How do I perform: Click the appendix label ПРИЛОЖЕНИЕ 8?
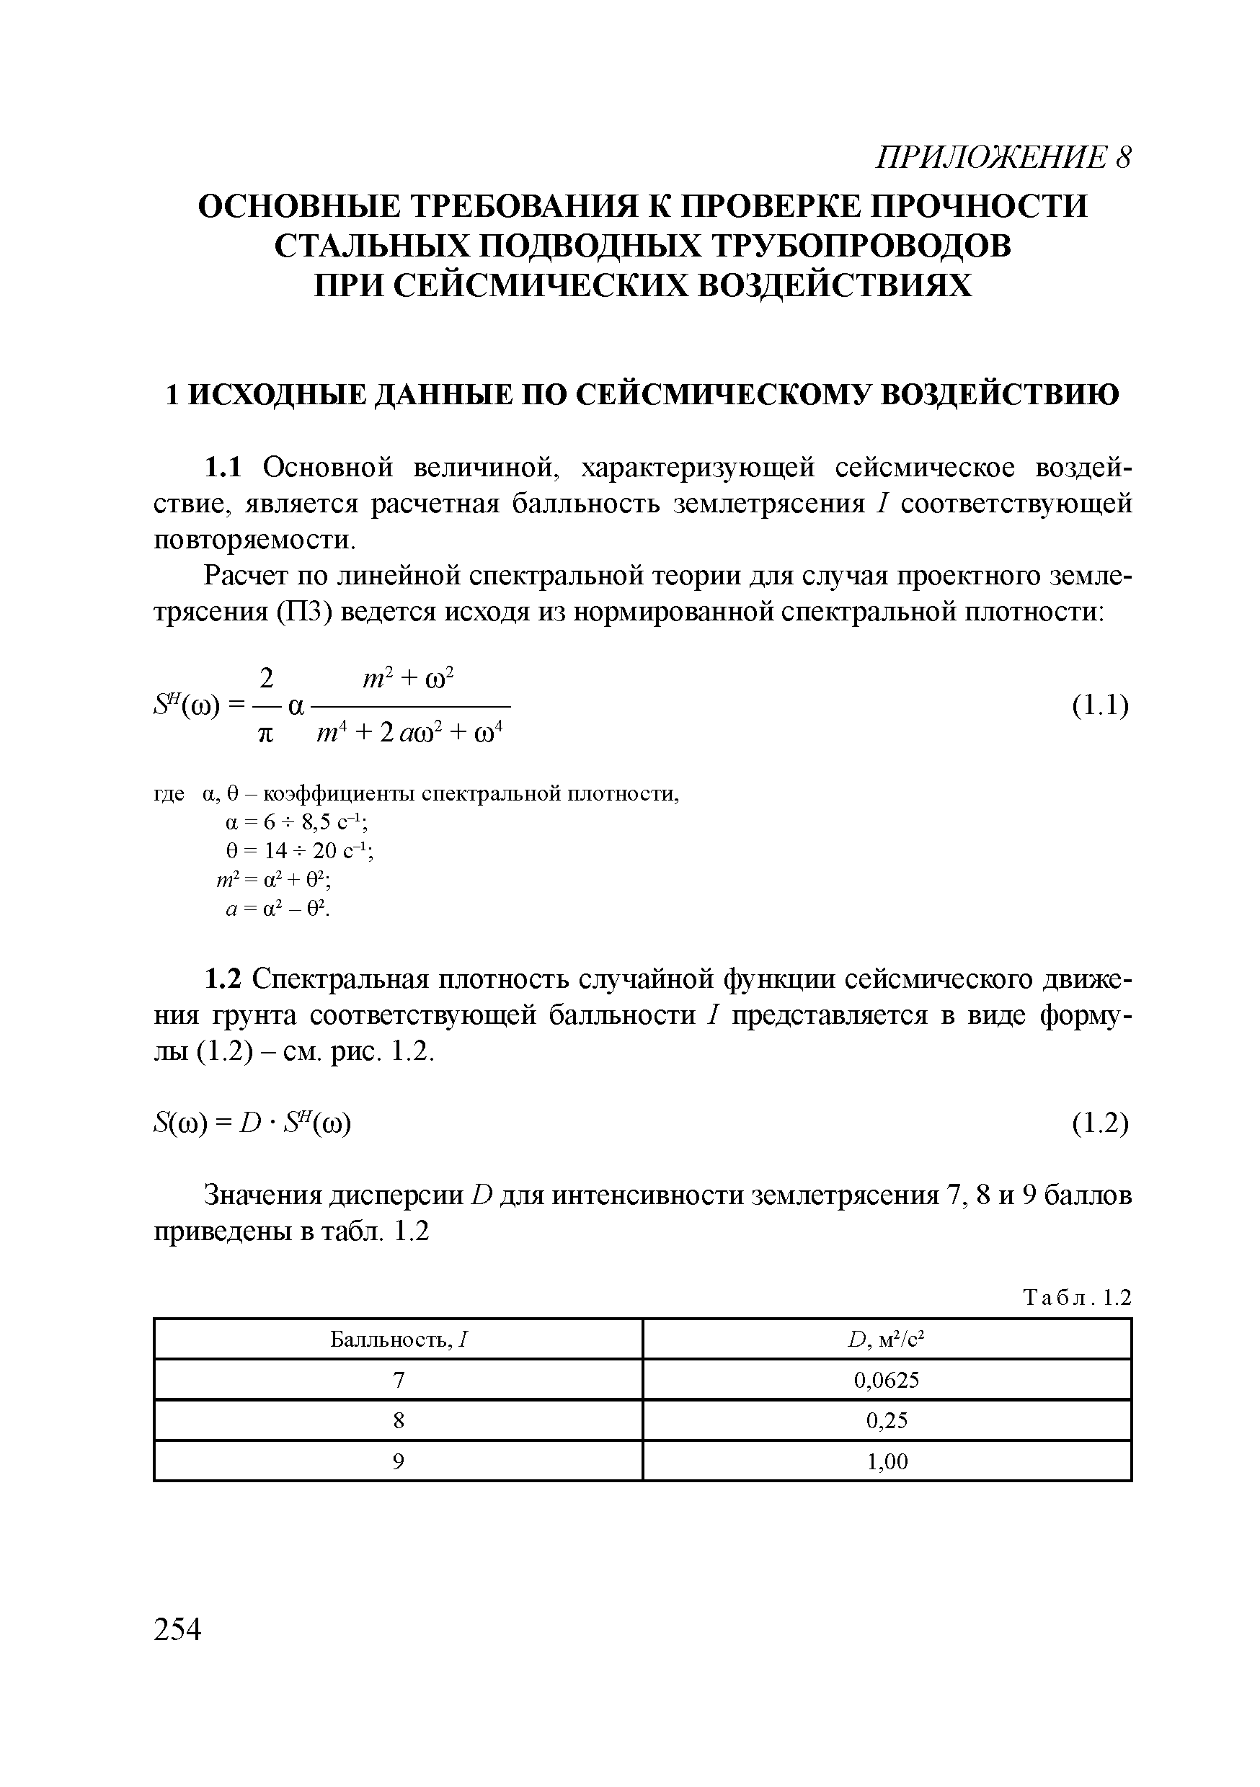tap(1002, 158)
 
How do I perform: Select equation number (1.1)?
tap(1099, 706)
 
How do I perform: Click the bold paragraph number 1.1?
tap(223, 468)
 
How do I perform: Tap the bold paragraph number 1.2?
tap(223, 979)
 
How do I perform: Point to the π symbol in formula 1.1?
tap(266, 734)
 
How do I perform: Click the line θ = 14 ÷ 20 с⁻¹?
tap(299, 852)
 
